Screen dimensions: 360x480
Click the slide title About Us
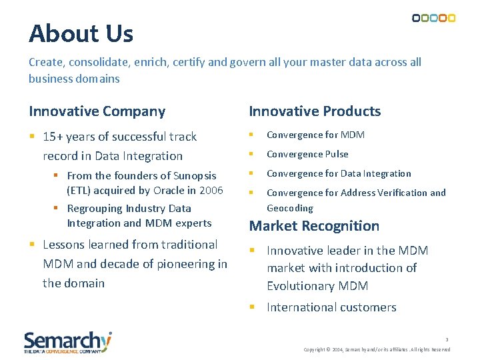point(81,33)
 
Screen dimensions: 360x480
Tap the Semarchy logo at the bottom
point(68,342)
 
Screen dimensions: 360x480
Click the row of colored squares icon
point(433,18)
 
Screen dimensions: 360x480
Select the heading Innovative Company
point(97,111)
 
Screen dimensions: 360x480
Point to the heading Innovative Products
point(315,111)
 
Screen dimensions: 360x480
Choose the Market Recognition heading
point(314,226)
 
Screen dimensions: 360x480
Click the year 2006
point(211,190)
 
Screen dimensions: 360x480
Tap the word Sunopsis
point(195,176)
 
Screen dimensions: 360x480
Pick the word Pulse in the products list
point(336,154)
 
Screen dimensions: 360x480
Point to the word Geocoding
point(289,208)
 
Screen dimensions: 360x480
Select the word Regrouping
point(95,209)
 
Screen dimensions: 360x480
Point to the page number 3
point(447,339)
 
